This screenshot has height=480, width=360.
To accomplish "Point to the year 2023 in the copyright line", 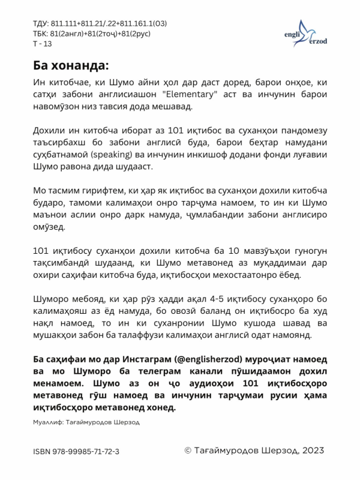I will point(313,450).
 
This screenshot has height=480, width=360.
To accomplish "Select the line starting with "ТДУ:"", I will point(100,23).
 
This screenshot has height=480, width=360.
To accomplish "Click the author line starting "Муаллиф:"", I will point(86,422).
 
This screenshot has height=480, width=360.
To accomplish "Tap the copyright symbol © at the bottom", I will point(187,450).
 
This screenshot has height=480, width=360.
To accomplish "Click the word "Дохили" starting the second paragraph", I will point(49,129).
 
